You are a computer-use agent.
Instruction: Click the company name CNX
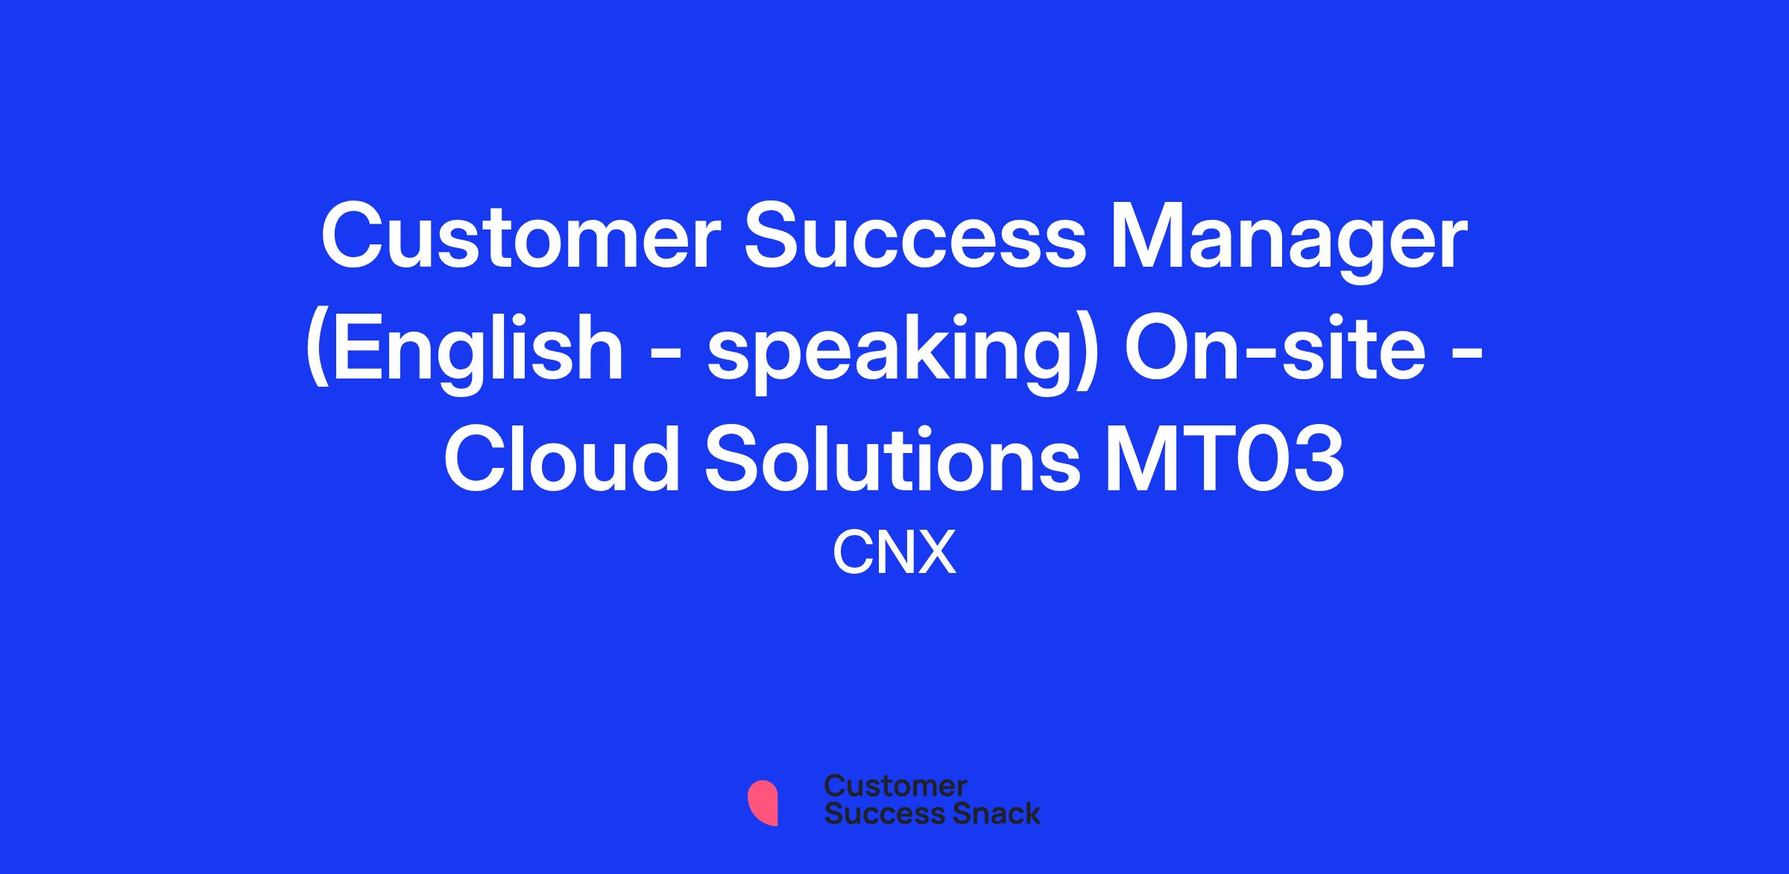(894, 554)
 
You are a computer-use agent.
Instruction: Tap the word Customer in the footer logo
(895, 786)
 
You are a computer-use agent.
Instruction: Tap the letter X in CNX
(936, 554)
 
